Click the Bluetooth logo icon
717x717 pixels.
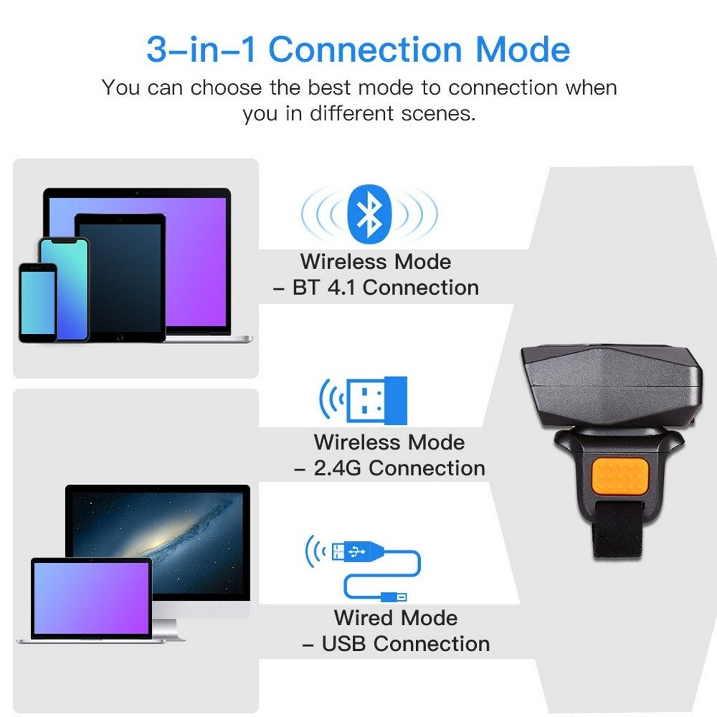click(x=369, y=212)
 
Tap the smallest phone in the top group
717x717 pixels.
click(x=37, y=301)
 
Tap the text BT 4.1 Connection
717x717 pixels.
click(x=386, y=288)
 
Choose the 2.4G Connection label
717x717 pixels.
click(x=399, y=468)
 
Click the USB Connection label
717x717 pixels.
click(x=405, y=643)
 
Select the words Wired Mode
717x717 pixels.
click(x=395, y=617)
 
